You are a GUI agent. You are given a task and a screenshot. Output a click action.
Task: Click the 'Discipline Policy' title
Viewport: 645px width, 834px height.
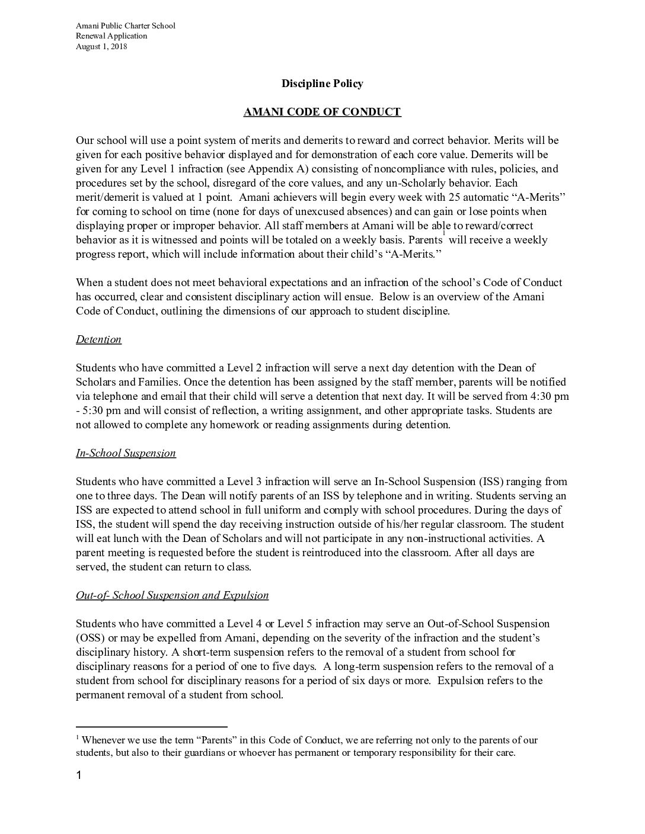pyautogui.click(x=322, y=84)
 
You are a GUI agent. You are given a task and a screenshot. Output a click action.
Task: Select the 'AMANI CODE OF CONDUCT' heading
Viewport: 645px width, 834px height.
pyautogui.click(x=322, y=112)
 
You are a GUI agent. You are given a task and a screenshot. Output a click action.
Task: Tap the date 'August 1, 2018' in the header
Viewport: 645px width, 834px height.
pyautogui.click(x=101, y=47)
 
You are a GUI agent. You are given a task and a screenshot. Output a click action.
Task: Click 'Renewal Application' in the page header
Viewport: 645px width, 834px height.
pyautogui.click(x=111, y=36)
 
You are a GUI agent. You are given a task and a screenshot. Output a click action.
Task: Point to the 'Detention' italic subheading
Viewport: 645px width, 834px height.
pyautogui.click(x=98, y=339)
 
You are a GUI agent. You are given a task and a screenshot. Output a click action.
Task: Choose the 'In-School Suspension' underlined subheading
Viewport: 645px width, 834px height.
pyautogui.click(x=126, y=453)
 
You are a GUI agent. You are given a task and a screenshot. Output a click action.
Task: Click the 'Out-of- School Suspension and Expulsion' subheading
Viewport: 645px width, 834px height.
pyautogui.click(x=172, y=595)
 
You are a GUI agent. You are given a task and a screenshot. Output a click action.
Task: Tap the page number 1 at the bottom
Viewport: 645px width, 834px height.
pyautogui.click(x=79, y=776)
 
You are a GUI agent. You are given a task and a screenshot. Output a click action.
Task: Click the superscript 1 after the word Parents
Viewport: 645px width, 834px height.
pyautogui.click(x=444, y=235)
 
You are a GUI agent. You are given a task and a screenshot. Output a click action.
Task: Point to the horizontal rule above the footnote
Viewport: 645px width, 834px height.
pyautogui.click(x=152, y=726)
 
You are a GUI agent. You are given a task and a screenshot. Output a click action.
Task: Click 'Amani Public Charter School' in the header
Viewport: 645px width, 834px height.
pyautogui.click(x=126, y=26)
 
